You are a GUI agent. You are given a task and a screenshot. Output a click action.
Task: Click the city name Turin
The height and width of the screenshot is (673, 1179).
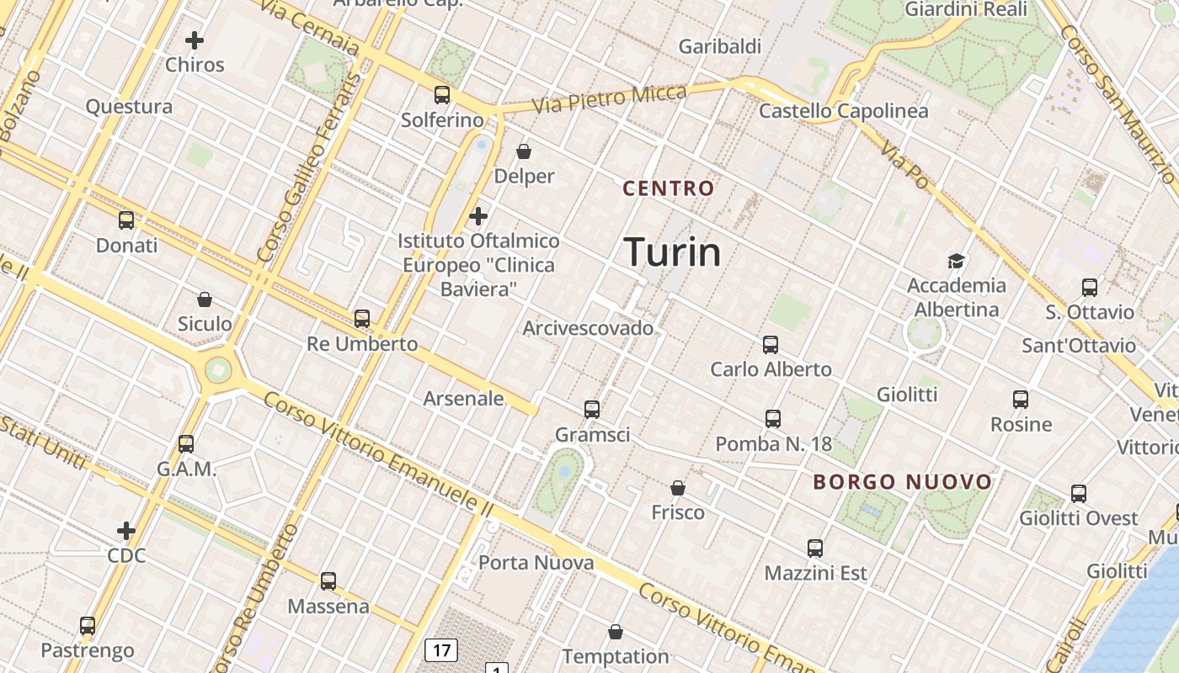click(672, 252)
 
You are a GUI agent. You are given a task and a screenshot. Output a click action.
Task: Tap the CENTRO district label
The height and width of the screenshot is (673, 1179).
click(668, 188)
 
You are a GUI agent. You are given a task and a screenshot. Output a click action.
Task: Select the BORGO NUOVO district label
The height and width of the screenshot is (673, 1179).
click(903, 482)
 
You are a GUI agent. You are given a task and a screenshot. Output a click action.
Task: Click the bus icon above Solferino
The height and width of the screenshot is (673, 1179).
click(442, 95)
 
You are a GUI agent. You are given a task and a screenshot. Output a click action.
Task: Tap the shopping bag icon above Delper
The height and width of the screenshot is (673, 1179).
click(524, 151)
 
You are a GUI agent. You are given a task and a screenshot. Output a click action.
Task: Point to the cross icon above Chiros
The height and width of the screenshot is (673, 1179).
click(195, 40)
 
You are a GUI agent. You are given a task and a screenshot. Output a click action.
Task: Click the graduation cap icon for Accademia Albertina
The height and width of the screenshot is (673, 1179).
click(956, 261)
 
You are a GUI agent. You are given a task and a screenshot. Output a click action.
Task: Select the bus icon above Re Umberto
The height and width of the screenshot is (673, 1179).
click(362, 319)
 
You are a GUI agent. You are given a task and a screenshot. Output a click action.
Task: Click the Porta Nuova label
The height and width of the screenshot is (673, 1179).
click(536, 563)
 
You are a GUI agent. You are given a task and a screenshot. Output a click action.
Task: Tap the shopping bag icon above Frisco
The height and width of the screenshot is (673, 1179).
click(678, 488)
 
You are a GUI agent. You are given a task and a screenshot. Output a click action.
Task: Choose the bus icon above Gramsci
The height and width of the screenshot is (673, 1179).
click(592, 410)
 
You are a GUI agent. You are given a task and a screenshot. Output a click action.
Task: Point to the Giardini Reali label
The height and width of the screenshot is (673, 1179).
click(966, 9)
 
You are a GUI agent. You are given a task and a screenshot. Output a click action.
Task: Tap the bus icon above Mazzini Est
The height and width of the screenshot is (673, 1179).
click(815, 548)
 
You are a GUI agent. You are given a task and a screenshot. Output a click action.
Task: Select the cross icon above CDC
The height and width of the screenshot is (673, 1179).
click(126, 531)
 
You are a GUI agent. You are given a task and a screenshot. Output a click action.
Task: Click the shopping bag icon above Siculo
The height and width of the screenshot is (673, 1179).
click(205, 299)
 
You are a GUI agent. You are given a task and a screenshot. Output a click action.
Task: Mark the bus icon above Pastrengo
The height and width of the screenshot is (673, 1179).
click(88, 626)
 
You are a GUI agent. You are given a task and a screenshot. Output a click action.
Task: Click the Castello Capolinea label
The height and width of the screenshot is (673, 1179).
click(844, 111)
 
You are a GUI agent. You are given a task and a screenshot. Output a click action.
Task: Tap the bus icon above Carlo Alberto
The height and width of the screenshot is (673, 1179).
click(771, 344)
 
